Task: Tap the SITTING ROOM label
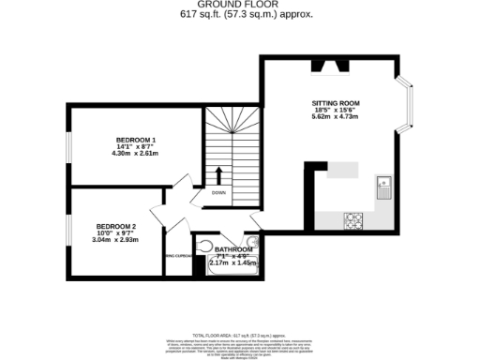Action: click(336, 102)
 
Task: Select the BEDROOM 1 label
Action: click(136, 140)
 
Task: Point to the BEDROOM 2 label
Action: click(116, 226)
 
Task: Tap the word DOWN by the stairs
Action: click(218, 193)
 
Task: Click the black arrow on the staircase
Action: click(218, 175)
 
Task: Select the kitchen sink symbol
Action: click(382, 185)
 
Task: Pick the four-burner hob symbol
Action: click(353, 220)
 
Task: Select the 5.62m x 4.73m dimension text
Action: click(336, 118)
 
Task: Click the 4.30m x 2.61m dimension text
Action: click(136, 154)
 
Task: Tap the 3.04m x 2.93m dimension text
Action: click(116, 240)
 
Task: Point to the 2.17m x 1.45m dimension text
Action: click(233, 263)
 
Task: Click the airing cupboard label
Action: click(178, 255)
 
